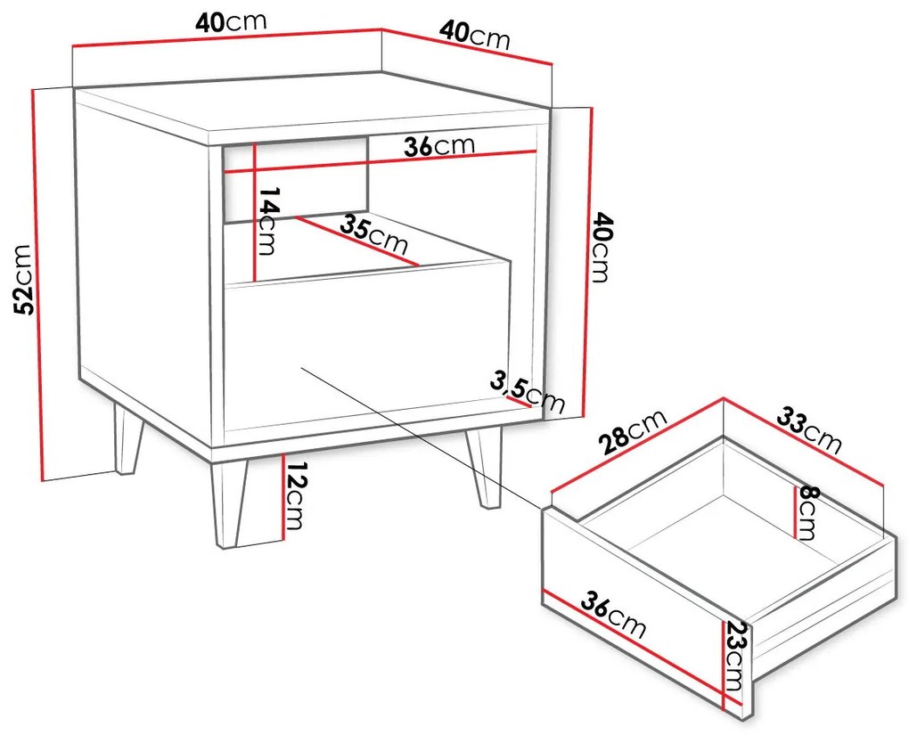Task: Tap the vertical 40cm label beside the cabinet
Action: pos(600,248)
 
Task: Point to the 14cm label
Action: pos(267,221)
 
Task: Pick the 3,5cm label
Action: pos(527,392)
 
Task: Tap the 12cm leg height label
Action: pos(293,496)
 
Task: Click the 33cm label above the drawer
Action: pos(808,430)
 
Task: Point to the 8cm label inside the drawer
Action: pos(807,513)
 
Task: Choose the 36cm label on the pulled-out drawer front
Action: pos(613,614)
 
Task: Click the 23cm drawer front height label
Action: pos(734,657)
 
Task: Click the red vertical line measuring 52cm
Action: pos(39,284)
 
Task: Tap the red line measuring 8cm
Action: pos(794,511)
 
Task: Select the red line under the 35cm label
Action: pos(357,241)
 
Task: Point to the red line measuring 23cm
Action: pos(723,665)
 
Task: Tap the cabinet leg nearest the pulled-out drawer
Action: pos(483,470)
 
